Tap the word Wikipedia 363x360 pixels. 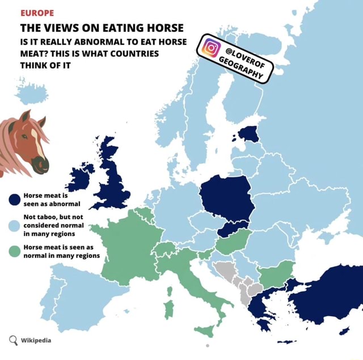(36, 340)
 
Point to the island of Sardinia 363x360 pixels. (168, 309)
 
